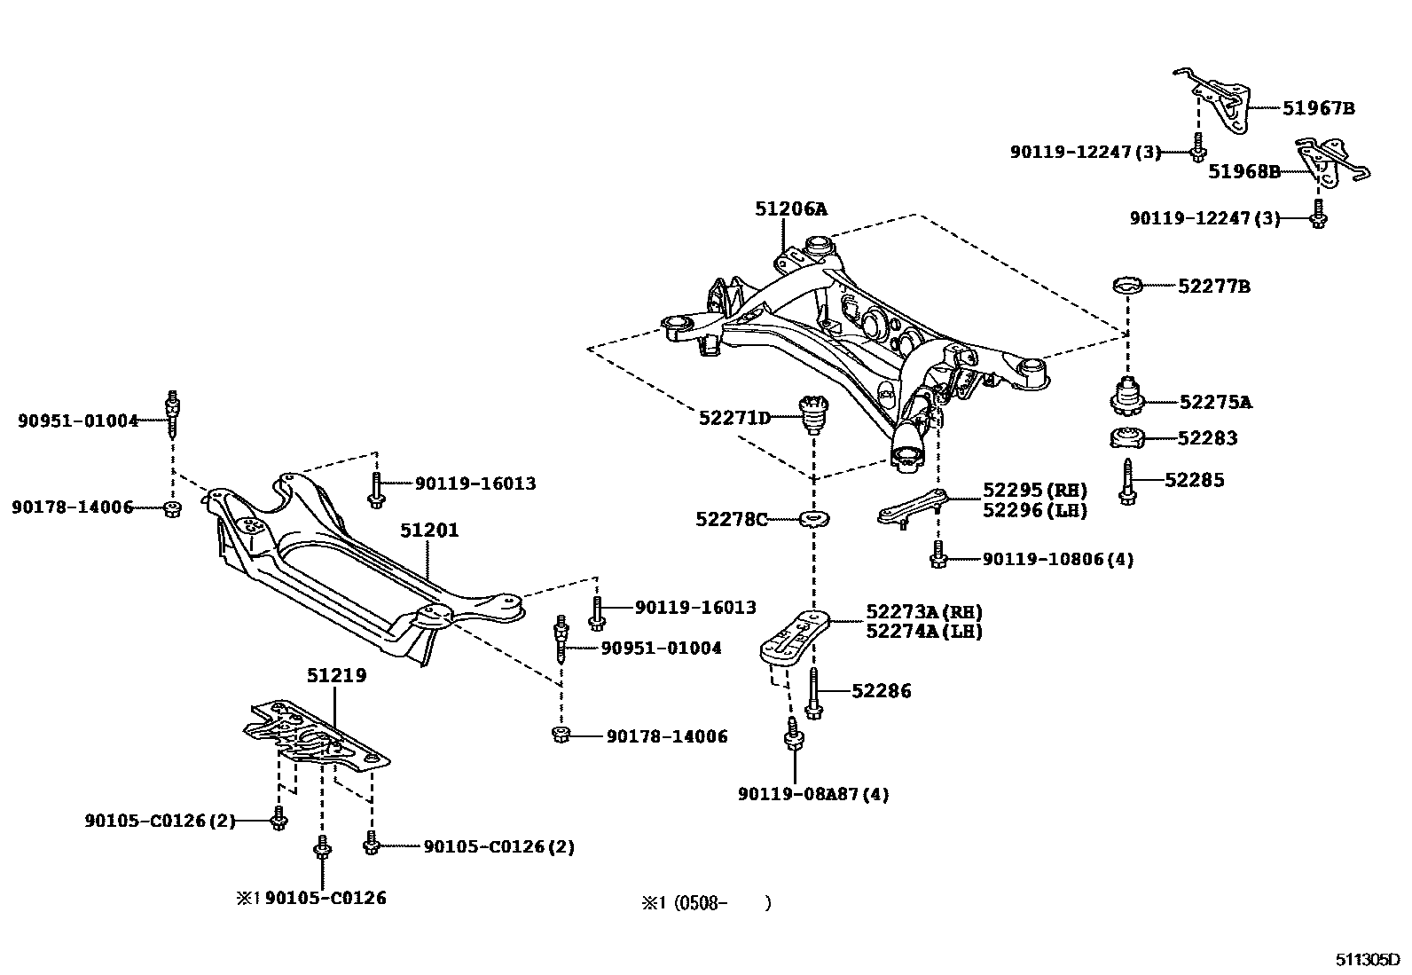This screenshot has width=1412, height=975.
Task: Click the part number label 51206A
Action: tap(790, 209)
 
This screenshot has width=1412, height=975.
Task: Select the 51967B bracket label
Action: tap(1318, 109)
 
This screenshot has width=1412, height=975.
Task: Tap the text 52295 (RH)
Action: tap(1034, 491)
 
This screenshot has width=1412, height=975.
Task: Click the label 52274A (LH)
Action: tap(923, 632)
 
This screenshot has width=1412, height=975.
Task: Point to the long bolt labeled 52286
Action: tap(813, 691)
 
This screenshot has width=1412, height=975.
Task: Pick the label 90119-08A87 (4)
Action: tap(812, 794)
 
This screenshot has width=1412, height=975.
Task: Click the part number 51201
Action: tap(429, 531)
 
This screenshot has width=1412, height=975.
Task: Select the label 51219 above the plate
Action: tap(337, 675)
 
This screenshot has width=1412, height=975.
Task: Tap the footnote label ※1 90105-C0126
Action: tap(310, 898)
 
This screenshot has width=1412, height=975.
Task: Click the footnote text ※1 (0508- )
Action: tap(706, 903)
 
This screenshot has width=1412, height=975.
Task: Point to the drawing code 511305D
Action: tap(1367, 960)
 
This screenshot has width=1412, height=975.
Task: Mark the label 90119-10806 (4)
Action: tap(1057, 560)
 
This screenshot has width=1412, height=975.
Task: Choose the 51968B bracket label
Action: tap(1243, 172)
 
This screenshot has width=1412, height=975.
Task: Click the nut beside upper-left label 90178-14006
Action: tap(172, 508)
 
